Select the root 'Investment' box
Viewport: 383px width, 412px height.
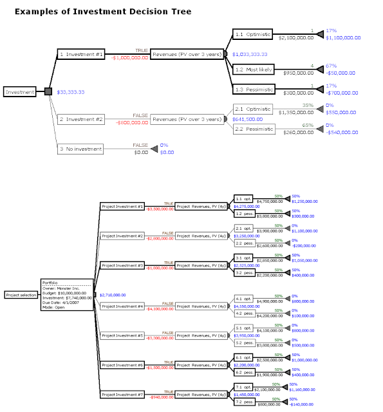[19, 92]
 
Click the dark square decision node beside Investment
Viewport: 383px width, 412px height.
[48, 92]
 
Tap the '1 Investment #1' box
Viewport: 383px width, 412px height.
[80, 55]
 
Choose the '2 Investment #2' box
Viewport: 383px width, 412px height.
[80, 119]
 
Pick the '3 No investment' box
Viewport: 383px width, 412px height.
[80, 149]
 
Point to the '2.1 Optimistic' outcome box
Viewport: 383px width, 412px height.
[253, 109]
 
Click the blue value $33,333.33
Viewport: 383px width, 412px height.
[71, 93]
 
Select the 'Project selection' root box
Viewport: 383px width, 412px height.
[21, 295]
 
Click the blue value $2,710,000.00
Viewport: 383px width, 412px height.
[113, 295]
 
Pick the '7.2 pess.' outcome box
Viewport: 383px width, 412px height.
[243, 401]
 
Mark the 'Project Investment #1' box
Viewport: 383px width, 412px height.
[122, 206]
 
